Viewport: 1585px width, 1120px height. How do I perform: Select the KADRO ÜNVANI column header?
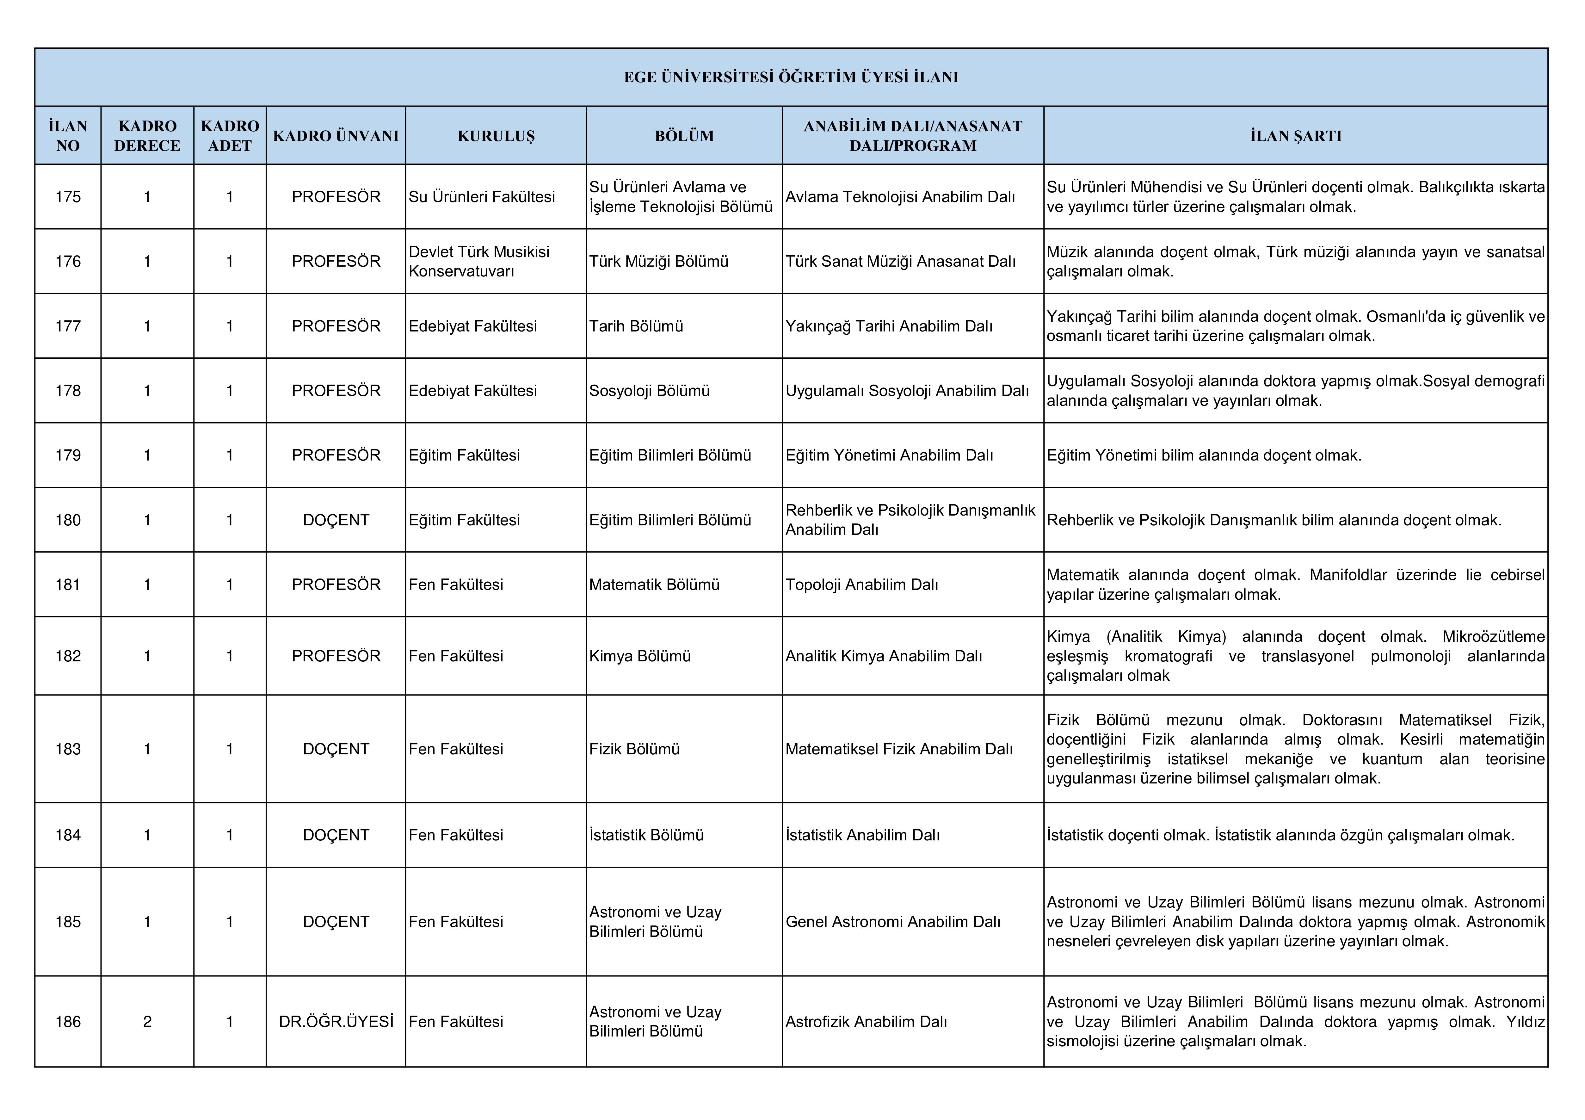click(336, 136)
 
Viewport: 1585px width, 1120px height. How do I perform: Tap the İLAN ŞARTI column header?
click(1296, 136)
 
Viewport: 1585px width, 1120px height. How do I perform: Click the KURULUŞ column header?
click(496, 136)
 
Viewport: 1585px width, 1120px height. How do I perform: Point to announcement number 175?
click(68, 197)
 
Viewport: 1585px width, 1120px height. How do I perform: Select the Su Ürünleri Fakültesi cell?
click(482, 197)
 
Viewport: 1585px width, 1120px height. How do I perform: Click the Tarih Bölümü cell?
click(636, 326)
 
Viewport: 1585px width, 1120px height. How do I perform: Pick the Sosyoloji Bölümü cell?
click(649, 391)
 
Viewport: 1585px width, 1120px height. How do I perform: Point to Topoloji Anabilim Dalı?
click(861, 585)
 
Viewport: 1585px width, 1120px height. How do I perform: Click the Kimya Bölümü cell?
click(640, 656)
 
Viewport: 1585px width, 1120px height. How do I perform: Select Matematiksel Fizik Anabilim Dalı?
click(899, 749)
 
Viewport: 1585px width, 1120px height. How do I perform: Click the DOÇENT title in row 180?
click(336, 520)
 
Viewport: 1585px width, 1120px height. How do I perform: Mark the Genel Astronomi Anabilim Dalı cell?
click(893, 922)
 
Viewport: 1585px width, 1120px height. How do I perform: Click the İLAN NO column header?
click(68, 136)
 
